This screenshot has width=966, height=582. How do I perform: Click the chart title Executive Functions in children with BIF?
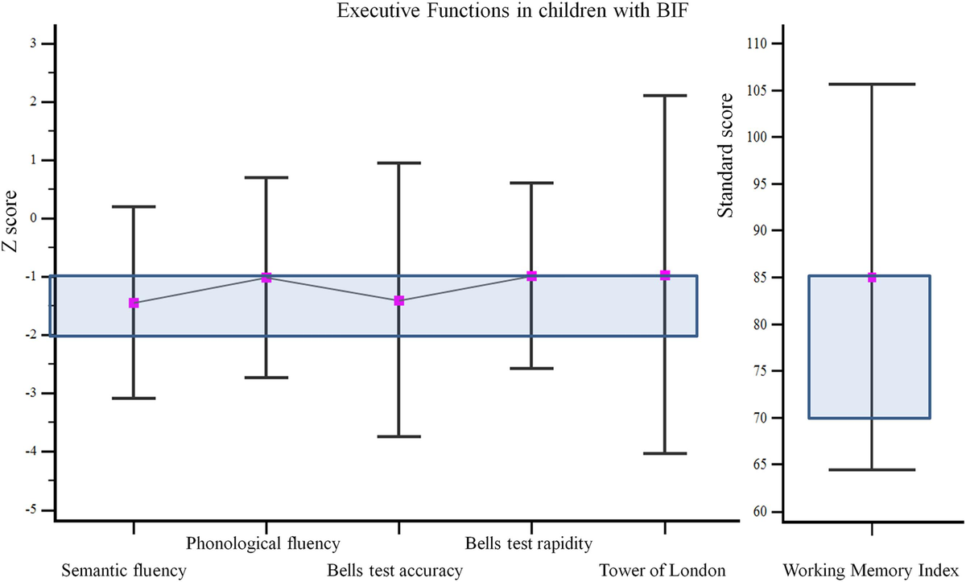tap(483, 11)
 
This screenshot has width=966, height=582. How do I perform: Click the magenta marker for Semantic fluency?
tap(134, 303)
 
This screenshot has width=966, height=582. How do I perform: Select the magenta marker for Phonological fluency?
tap(266, 278)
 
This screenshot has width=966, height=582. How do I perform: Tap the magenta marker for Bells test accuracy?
tap(398, 301)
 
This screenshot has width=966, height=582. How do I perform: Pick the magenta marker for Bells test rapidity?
tap(531, 276)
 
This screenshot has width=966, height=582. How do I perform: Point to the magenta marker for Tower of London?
tap(665, 275)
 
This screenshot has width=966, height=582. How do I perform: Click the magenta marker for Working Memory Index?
tap(872, 278)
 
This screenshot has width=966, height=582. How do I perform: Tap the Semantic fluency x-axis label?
tap(124, 571)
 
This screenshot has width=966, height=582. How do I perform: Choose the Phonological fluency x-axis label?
tap(263, 543)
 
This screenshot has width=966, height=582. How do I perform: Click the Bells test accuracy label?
tap(394, 571)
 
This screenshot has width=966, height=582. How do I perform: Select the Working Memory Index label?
tap(873, 571)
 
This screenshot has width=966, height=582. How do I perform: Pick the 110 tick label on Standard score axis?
tap(758, 43)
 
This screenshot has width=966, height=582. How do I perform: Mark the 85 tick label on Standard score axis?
tap(761, 278)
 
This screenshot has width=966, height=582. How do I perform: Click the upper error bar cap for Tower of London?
tap(665, 96)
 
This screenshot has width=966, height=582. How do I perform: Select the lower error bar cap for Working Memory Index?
tap(872, 469)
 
